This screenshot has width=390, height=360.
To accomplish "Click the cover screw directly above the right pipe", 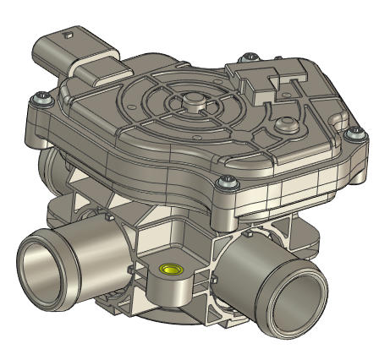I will [226, 181].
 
